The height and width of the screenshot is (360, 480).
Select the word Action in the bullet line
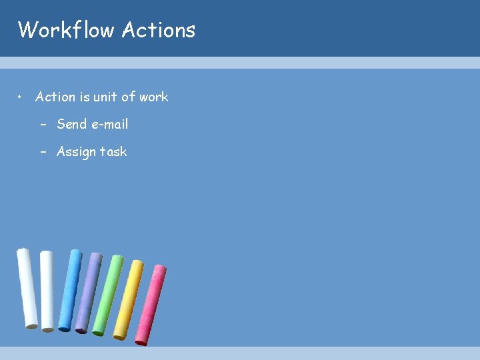pos(55,97)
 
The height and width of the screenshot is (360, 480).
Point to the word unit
pos(105,97)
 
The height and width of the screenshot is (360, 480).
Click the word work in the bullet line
pos(153,97)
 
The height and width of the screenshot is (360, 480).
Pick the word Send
pos(72,124)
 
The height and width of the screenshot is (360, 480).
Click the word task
pos(113,152)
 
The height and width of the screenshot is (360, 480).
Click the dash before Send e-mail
pos(43,125)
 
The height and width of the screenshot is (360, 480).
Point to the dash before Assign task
pos(43,152)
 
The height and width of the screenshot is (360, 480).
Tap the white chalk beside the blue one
pos(47,290)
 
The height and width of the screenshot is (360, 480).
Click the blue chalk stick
pos(70,290)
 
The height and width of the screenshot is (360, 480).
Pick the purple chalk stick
pos(89,292)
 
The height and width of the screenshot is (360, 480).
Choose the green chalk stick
pos(107,295)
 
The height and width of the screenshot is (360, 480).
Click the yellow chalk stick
pos(129,299)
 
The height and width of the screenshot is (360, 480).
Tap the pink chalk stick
pos(151,305)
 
